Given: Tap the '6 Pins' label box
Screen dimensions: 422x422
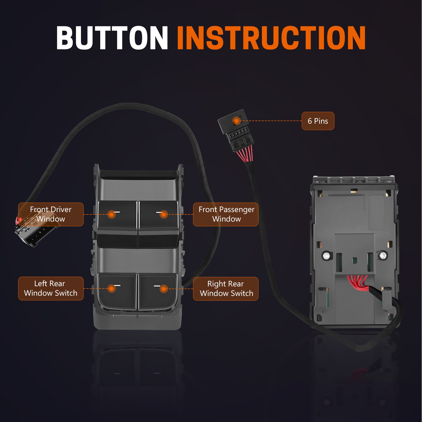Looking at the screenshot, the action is (318, 121).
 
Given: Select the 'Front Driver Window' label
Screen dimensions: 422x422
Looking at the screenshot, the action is (51, 214).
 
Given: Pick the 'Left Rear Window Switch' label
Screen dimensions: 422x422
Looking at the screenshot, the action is (51, 288).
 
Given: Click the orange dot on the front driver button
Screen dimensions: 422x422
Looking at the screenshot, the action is (111, 214).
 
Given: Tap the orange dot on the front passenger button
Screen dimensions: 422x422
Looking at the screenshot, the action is (164, 214).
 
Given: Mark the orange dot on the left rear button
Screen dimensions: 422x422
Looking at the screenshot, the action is (111, 289).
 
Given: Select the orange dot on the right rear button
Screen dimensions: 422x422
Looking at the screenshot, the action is (164, 289).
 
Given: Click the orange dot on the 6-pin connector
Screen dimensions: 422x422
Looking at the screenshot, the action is (236, 121).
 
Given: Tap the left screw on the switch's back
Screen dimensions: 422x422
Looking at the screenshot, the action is (327, 256).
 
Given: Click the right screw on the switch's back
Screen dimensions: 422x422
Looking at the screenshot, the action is (382, 255).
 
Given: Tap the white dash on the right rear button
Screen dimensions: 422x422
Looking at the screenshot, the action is (157, 286).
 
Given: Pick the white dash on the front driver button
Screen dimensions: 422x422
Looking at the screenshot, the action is (117, 212).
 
